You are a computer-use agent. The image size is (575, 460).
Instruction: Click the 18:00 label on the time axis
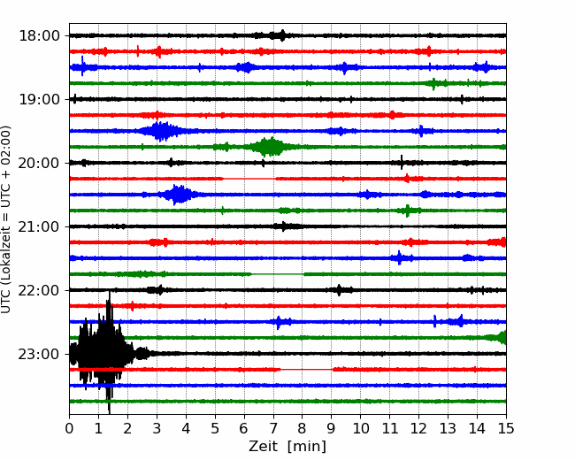[39, 36]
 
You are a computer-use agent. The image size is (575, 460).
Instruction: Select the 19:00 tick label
[39, 99]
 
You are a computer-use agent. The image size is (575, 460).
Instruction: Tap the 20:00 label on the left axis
[39, 163]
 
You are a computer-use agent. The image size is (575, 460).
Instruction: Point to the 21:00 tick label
[39, 226]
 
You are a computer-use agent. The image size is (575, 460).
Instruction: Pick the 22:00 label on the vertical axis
[39, 290]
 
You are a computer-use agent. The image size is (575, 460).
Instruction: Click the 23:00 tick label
[39, 354]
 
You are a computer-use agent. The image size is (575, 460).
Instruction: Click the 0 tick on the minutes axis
[69, 428]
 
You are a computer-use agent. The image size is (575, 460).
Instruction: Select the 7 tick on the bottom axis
[273, 428]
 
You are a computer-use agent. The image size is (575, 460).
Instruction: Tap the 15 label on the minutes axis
[506, 428]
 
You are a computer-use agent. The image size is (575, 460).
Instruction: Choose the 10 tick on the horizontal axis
[360, 428]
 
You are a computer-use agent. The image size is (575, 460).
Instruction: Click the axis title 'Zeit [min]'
[287, 447]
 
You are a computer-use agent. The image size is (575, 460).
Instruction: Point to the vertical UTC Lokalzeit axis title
[5, 219]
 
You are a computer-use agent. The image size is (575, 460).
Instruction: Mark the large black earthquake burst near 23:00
[103, 352]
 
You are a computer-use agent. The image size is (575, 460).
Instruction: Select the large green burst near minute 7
[271, 147]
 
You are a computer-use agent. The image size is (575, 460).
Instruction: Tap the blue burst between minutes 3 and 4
[178, 195]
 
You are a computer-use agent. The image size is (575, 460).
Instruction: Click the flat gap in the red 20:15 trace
[249, 179]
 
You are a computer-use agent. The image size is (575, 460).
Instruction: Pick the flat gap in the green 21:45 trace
[278, 274]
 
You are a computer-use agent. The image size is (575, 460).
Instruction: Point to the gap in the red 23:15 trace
[307, 370]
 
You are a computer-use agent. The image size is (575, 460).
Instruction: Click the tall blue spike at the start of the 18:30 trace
[82, 66]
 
